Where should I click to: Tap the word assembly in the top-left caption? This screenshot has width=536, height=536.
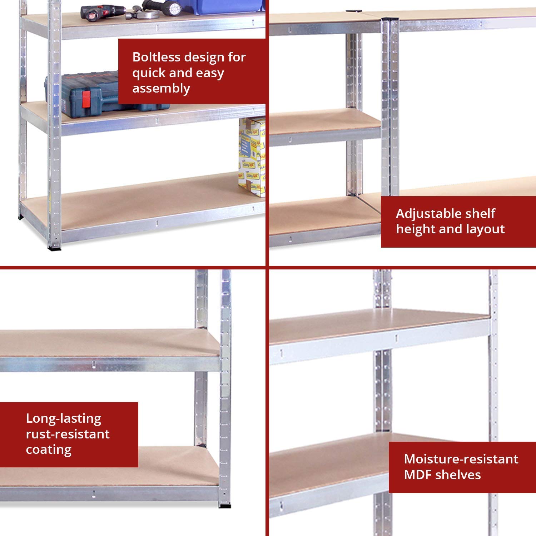161,88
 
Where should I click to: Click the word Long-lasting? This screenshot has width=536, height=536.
64,418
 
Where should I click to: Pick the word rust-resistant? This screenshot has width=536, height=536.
68,434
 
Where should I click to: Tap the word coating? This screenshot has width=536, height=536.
49,450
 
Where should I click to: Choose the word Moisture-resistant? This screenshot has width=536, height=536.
461,459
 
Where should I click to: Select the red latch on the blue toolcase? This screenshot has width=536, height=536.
86,99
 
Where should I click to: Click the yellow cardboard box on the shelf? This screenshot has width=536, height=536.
252,157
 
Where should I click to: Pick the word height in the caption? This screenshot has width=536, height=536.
415,229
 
